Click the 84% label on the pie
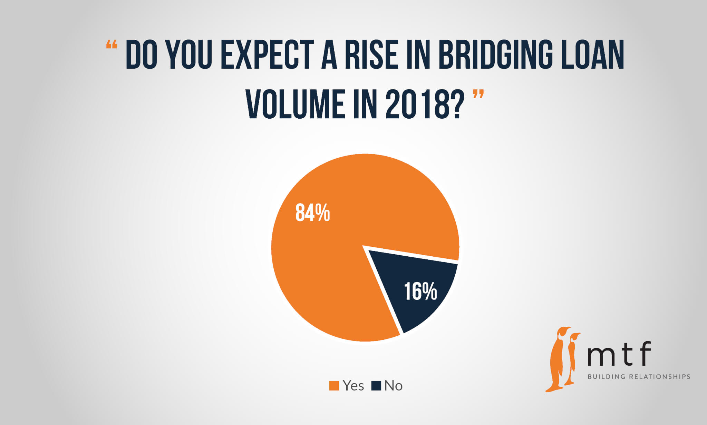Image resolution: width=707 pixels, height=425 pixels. point(312,212)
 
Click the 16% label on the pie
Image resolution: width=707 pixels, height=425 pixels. point(420,291)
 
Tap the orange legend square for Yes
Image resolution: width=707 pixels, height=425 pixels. point(334,386)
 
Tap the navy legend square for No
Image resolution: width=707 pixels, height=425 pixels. point(376,386)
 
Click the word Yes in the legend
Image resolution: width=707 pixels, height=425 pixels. point(353,386)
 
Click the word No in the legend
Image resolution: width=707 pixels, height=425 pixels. point(394,386)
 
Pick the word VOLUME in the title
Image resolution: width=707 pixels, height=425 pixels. point(296,104)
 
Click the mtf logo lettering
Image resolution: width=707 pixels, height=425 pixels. point(619,354)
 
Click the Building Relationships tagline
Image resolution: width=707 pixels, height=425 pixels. point(639,376)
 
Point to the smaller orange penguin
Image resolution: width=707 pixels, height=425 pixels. point(572,359)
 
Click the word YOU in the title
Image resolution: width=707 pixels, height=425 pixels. point(189,55)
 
